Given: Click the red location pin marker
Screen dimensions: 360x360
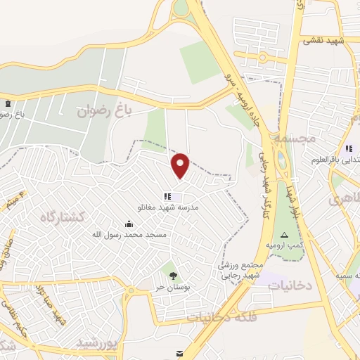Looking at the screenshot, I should [181, 165].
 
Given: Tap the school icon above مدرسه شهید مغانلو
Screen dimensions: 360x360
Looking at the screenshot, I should [167, 197].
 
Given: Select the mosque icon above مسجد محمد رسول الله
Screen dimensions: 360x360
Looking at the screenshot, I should [127, 224].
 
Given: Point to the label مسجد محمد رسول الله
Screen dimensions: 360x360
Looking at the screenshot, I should [128, 234].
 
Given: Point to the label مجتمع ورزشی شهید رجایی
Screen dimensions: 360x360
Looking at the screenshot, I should [240, 270].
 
